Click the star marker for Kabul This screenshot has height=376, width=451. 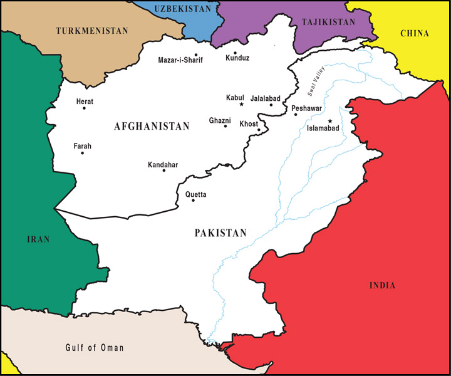click(242, 104)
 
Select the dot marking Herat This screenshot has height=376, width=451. click(84, 108)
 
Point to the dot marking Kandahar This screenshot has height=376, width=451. click(164, 170)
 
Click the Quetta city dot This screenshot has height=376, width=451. click(193, 200)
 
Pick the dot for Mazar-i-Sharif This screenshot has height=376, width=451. click(196, 55)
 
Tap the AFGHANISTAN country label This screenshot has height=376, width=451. click(152, 127)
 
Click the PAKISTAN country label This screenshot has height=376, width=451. click(220, 232)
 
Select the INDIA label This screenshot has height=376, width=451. click(382, 285)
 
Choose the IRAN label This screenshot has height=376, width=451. click(38, 239)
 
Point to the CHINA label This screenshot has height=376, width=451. click(414, 33)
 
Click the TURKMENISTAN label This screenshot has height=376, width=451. click(91, 30)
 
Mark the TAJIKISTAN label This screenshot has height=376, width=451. click(328, 22)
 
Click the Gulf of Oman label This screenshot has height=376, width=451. click(95, 348)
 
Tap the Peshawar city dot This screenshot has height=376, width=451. click(295, 114)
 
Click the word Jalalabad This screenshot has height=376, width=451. click(265, 98)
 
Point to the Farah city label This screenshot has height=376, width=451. click(83, 146)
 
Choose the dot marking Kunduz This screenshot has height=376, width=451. click(235, 53)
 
